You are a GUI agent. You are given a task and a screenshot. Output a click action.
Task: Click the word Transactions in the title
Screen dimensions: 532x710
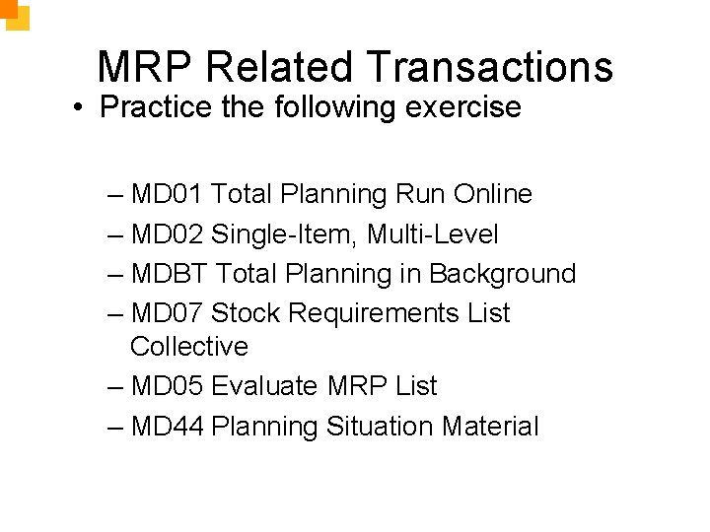(490, 67)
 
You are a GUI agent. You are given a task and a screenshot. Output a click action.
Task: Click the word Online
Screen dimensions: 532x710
(492, 194)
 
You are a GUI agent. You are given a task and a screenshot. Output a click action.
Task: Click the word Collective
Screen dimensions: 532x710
(188, 347)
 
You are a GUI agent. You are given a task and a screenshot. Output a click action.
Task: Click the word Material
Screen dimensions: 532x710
(490, 427)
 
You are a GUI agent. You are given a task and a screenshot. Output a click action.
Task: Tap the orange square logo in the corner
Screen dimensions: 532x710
(14, 14)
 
